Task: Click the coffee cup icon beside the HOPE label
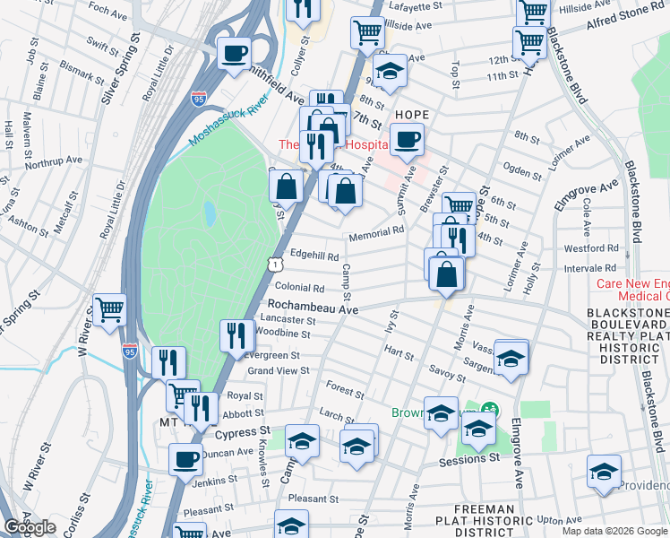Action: (408, 140)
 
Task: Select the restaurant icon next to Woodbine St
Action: (236, 336)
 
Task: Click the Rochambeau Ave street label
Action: (313, 308)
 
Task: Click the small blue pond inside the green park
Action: (209, 213)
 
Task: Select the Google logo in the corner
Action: (30, 527)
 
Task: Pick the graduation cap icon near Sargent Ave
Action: (511, 359)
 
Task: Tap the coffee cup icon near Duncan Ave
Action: (186, 459)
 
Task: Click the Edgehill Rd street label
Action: (314, 256)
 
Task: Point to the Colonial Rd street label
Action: (299, 288)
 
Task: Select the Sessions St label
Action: (468, 458)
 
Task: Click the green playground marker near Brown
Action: (489, 410)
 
